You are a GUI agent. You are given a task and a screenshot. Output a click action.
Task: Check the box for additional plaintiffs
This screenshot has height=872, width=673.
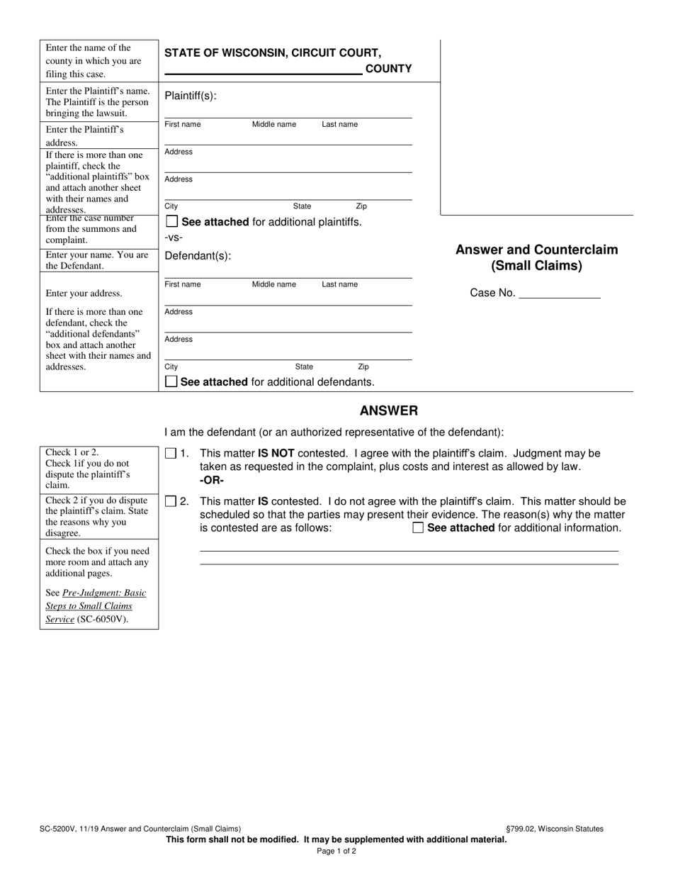(x=171, y=222)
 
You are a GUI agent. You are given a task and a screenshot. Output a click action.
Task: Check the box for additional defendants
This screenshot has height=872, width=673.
(x=171, y=381)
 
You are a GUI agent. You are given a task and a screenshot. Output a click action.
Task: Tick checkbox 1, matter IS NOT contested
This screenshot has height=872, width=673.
(x=171, y=454)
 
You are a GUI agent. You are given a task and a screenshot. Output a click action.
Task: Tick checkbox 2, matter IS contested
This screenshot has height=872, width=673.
(x=171, y=502)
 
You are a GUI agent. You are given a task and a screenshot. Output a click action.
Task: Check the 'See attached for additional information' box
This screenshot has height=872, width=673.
(x=418, y=527)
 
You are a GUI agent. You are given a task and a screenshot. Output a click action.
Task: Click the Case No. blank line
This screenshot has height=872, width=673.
(x=559, y=294)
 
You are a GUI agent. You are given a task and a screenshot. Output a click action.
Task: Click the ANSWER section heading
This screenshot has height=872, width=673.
(x=388, y=410)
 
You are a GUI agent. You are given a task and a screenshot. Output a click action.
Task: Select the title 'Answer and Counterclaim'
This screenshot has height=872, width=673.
(x=536, y=250)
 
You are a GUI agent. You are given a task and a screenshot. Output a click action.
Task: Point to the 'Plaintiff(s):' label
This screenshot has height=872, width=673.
(x=191, y=96)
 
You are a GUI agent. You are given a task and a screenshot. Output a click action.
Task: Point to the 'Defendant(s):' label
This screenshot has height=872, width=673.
(x=198, y=256)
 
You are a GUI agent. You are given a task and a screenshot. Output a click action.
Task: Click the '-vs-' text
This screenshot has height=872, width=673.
(x=174, y=238)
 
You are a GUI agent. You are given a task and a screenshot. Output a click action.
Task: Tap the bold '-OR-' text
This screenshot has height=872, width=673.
(x=212, y=480)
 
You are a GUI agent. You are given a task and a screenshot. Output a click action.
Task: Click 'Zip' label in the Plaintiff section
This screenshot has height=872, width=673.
(x=361, y=206)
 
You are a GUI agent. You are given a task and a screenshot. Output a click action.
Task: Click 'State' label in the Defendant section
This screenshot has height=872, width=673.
(x=304, y=367)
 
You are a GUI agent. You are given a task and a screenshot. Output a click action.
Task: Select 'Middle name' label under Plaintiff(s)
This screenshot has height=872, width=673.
(x=274, y=125)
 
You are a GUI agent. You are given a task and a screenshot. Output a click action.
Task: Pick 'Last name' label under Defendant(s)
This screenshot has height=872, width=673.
(x=339, y=284)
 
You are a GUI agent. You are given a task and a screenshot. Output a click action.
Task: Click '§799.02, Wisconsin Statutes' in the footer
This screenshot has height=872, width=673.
(x=555, y=828)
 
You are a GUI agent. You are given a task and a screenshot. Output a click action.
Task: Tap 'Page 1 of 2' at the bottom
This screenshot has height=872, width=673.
(x=336, y=851)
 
